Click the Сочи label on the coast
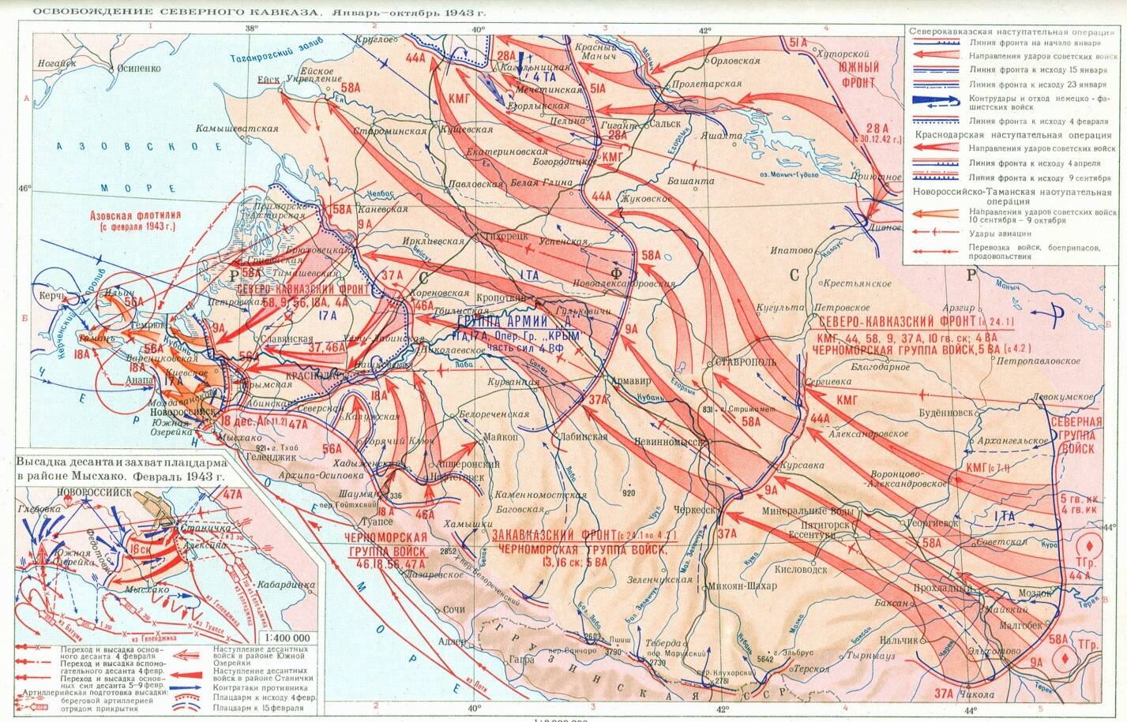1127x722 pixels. point(453,610)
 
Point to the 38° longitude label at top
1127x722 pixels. point(251,28)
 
